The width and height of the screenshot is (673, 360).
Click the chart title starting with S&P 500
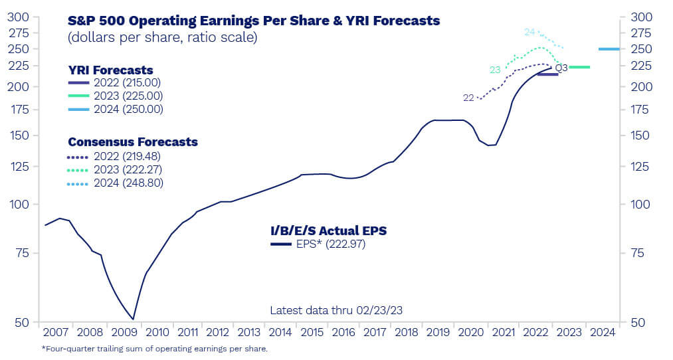click(254, 21)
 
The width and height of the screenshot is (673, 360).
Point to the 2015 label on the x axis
click(312, 332)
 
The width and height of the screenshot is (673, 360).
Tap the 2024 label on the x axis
click(603, 332)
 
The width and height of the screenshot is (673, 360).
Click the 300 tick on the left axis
click(22, 17)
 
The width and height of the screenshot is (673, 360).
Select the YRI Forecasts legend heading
click(110, 70)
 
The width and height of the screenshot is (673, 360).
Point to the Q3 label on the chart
click(561, 68)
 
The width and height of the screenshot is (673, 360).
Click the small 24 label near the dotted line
click(529, 32)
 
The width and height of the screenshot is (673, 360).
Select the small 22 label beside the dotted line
click(468, 98)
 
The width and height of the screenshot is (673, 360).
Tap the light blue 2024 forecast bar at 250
click(609, 48)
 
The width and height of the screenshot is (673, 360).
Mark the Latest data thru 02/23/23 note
click(336, 310)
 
